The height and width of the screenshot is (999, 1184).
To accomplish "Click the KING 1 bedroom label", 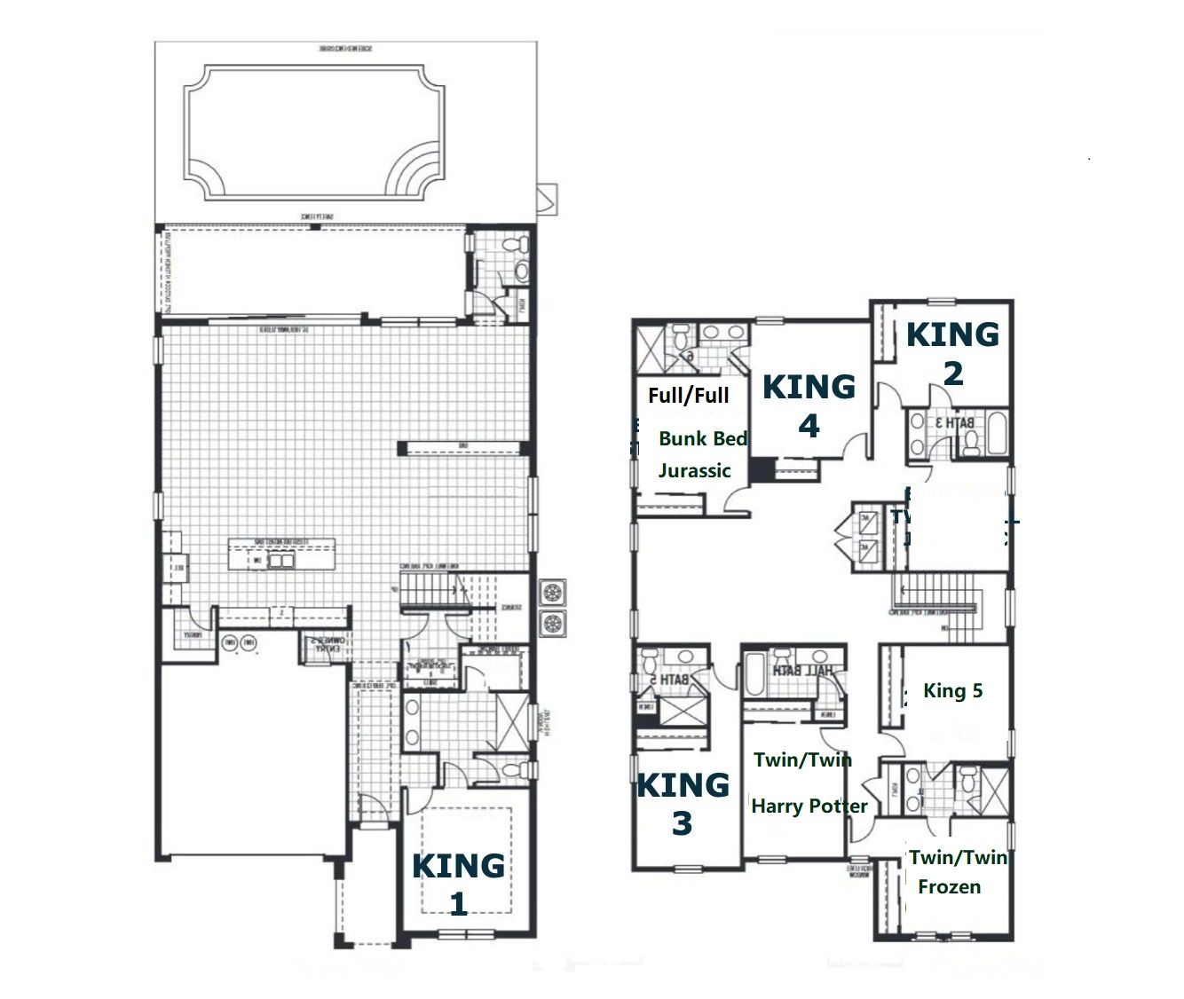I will pos(458,884).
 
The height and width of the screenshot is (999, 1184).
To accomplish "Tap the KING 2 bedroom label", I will pos(952,353).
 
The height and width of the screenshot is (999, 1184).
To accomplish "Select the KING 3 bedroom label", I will pos(683,804).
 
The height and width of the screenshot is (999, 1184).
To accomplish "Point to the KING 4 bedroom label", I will pos(809,405).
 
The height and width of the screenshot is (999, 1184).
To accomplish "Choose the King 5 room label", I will pos(952,690).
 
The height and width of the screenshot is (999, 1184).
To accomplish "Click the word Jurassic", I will pos(694,470).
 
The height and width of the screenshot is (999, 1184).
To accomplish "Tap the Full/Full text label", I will pos(688,395).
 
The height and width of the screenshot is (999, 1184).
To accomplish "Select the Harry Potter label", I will pos(809,806).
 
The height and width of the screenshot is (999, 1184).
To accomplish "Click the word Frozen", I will pos(949,886).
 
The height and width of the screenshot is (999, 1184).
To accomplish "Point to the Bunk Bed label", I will pos(703,438).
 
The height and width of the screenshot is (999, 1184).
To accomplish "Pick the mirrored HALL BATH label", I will pos(803,672).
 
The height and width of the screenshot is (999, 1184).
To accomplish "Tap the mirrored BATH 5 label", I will pos(674,680).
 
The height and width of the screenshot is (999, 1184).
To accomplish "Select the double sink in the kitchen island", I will pos(282,561).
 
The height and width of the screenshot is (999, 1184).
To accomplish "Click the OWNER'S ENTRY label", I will pos(324,645).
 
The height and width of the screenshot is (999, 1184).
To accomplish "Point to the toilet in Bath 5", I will pos(648,662).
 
